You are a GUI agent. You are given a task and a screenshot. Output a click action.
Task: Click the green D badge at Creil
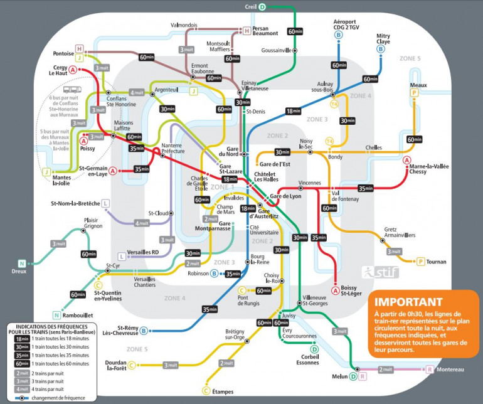262,7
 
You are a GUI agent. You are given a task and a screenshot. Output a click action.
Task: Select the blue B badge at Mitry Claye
381,49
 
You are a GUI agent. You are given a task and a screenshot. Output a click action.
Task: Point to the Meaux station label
418,84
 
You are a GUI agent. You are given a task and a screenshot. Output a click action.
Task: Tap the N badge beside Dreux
22,263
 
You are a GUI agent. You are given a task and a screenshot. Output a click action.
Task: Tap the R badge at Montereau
429,369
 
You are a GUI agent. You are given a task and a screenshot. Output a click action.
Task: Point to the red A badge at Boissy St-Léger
336,291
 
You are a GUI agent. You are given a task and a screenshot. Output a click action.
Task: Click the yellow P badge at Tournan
421,261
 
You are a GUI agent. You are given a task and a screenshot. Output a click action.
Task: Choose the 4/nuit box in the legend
22,390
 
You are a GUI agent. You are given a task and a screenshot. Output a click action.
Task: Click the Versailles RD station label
143,252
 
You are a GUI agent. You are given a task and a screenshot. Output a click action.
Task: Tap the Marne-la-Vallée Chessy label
427,168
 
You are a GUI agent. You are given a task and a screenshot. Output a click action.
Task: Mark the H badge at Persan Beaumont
247,31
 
